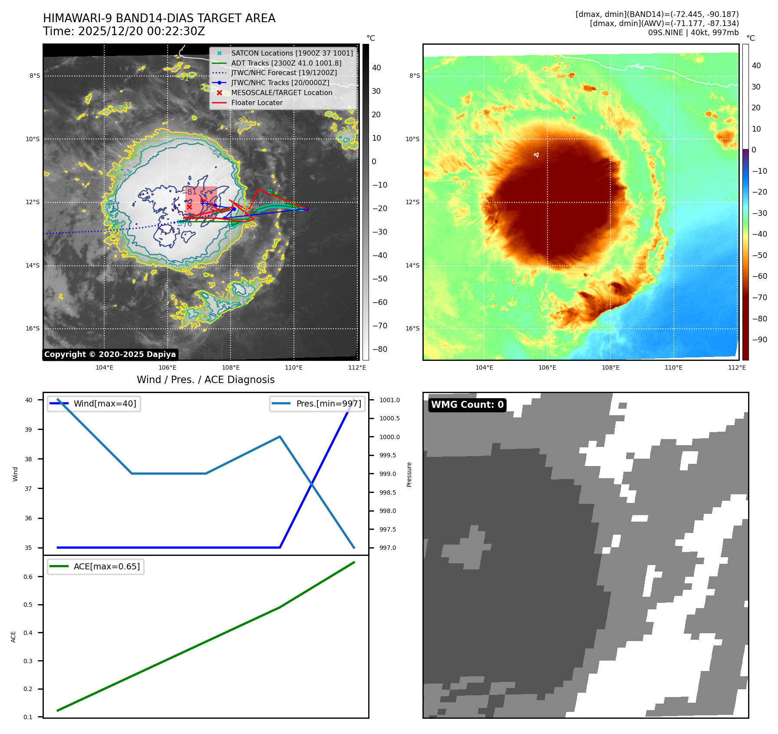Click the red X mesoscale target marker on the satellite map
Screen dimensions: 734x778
click(x=189, y=207)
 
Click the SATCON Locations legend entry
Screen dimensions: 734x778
click(x=292, y=53)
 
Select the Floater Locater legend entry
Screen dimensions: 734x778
click(x=257, y=102)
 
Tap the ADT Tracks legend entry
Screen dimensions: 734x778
click(x=286, y=63)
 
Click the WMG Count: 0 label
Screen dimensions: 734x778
click(x=467, y=405)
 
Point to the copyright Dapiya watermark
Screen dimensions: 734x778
click(x=110, y=354)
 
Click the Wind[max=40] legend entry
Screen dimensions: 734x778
click(x=105, y=403)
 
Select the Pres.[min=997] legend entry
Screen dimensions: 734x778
click(x=328, y=403)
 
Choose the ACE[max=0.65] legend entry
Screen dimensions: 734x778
click(x=106, y=566)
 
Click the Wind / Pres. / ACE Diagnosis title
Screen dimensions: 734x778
click(x=206, y=380)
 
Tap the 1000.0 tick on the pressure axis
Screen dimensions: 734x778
click(x=389, y=437)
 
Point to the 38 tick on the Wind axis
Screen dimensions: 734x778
click(x=28, y=459)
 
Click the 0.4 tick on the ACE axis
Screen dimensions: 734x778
click(x=28, y=633)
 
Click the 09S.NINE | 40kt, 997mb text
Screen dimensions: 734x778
click(x=693, y=33)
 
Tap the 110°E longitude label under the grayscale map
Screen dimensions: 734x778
click(x=293, y=367)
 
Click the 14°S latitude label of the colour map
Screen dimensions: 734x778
click(x=412, y=265)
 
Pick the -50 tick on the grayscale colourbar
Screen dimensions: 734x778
click(x=379, y=279)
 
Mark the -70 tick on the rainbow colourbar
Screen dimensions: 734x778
click(x=759, y=298)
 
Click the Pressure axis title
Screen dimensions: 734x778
click(x=409, y=474)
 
